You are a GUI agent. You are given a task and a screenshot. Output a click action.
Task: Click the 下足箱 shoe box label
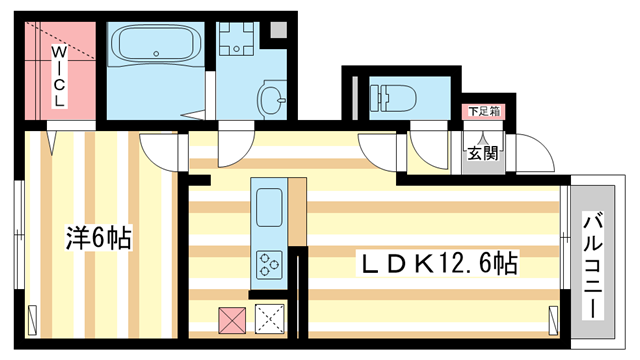483,113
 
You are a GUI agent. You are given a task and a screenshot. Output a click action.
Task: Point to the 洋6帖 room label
99,239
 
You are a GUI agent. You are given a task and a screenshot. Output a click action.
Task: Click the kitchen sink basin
270,209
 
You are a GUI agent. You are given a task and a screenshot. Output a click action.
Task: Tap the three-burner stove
270,263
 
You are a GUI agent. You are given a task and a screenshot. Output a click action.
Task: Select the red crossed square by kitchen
232,320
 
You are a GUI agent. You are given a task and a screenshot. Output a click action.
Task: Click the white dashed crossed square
270,320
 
